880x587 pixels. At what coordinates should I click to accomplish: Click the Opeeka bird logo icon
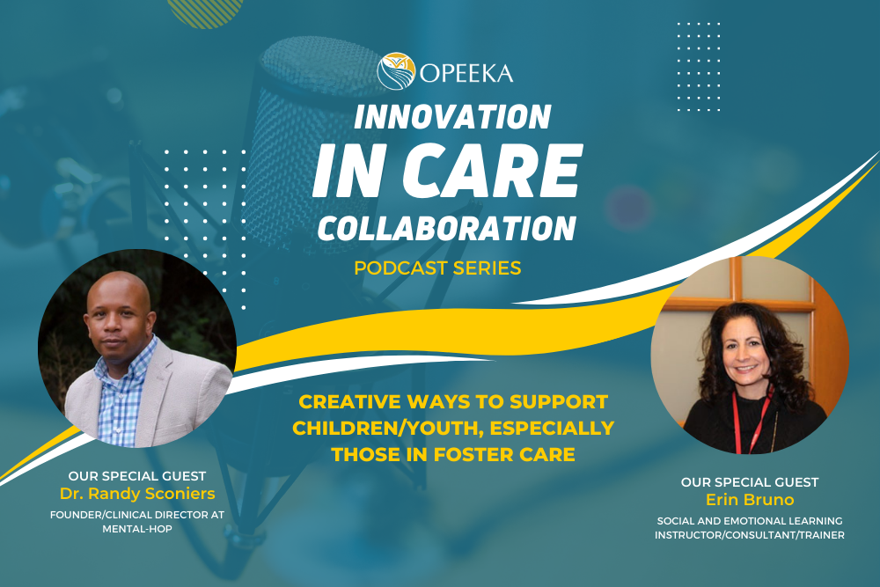click(396, 70)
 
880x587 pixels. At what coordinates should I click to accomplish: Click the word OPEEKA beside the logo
click(466, 71)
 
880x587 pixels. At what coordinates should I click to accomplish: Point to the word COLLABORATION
click(446, 227)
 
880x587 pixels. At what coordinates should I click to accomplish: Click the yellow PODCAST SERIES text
click(437, 268)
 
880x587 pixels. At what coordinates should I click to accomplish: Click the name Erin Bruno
click(750, 500)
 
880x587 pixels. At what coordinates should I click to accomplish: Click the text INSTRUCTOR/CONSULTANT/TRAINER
click(750, 535)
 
